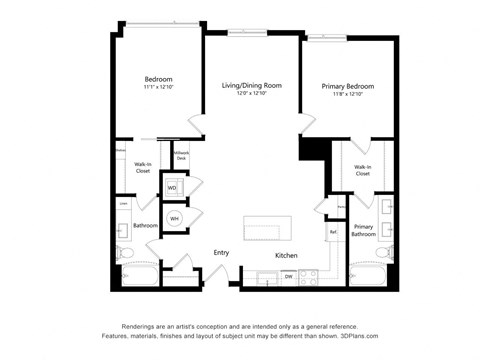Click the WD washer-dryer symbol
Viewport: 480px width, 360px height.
click(172, 187)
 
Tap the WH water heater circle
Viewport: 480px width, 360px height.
click(174, 218)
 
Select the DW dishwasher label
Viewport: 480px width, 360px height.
click(288, 275)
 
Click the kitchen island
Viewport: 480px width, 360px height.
click(267, 227)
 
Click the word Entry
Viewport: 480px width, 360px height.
click(221, 252)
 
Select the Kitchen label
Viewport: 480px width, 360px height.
click(287, 255)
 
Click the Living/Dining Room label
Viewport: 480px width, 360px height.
click(251, 86)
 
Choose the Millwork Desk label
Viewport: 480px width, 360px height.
click(181, 156)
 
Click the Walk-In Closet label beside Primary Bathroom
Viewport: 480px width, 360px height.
click(362, 170)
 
